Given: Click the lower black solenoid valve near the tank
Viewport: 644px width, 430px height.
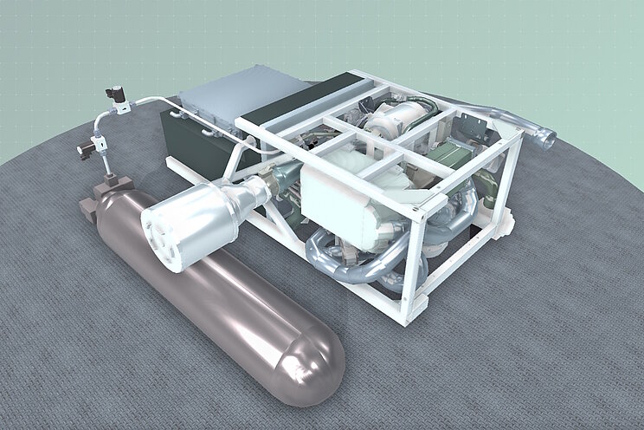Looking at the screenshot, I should tap(87, 150).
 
